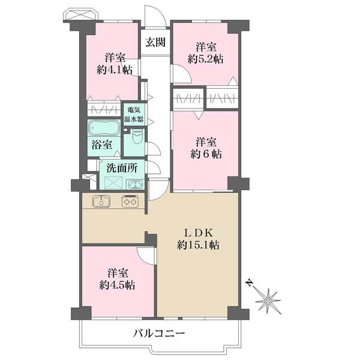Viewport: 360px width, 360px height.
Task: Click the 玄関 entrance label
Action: click(x=155, y=42)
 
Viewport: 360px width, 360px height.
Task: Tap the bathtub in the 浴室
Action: click(x=104, y=128)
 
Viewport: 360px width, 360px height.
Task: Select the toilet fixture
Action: click(x=138, y=136)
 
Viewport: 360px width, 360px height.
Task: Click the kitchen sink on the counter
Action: click(x=101, y=201)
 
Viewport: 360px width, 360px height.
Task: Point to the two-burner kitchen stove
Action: click(x=130, y=201)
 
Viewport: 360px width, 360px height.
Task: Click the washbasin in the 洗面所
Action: click(x=135, y=184)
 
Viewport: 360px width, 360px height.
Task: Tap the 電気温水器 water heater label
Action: click(x=134, y=115)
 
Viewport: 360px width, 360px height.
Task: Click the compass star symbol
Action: click(x=268, y=301)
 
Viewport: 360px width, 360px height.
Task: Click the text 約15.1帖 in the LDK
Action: click(x=198, y=245)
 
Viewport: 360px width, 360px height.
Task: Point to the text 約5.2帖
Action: click(x=205, y=59)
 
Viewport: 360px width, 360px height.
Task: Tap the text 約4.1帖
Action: click(x=115, y=70)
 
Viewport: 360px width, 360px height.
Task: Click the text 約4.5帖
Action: click(x=117, y=285)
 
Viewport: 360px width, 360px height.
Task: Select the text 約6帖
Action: click(x=206, y=154)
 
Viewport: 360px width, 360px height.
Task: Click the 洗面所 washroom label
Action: click(x=122, y=168)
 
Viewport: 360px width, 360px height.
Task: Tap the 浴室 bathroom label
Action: click(x=102, y=145)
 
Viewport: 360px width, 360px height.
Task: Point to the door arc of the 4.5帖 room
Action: click(x=140, y=258)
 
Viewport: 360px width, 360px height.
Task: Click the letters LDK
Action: click(x=199, y=233)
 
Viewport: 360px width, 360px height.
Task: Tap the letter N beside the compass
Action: click(x=248, y=283)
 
